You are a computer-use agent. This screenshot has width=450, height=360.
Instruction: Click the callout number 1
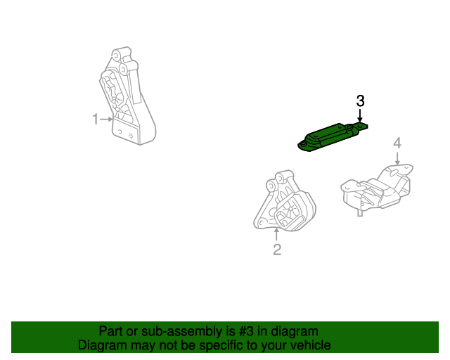(96, 120)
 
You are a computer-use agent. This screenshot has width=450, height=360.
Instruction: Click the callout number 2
(277, 250)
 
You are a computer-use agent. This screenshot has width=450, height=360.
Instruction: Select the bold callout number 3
(360, 101)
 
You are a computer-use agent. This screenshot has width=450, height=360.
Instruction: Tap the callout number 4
(397, 143)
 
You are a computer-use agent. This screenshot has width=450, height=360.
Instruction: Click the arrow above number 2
(277, 235)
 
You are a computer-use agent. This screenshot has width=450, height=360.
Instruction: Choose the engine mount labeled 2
(284, 205)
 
